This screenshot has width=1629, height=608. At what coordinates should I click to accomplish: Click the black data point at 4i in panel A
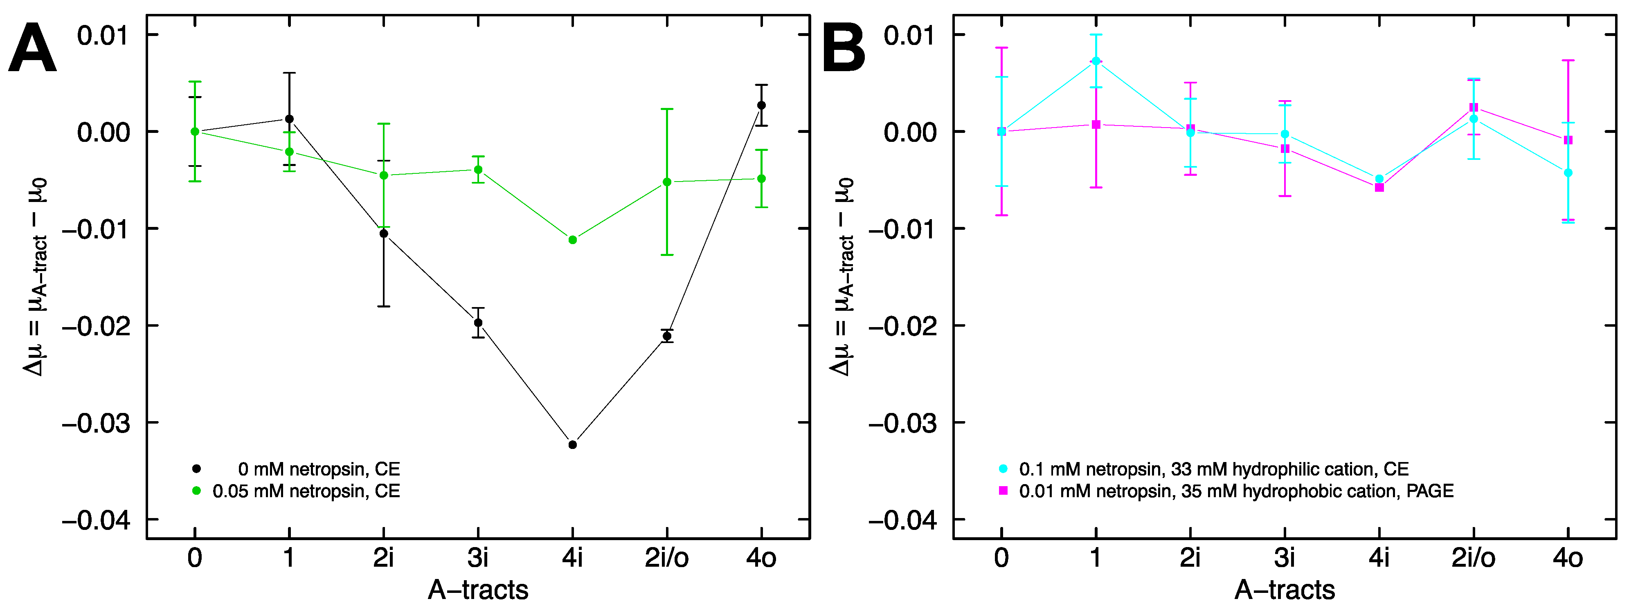[x=572, y=445]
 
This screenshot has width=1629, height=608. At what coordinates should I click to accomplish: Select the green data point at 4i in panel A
[x=572, y=240]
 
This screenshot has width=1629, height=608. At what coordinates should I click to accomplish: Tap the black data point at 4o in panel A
[x=761, y=105]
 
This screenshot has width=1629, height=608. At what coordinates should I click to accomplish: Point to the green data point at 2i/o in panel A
[x=666, y=182]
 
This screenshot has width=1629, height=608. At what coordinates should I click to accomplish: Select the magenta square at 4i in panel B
[x=1379, y=188]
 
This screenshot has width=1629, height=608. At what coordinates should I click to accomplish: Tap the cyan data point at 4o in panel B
[x=1568, y=173]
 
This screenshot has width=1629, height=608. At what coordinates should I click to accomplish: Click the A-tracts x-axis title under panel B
[x=1285, y=590]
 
